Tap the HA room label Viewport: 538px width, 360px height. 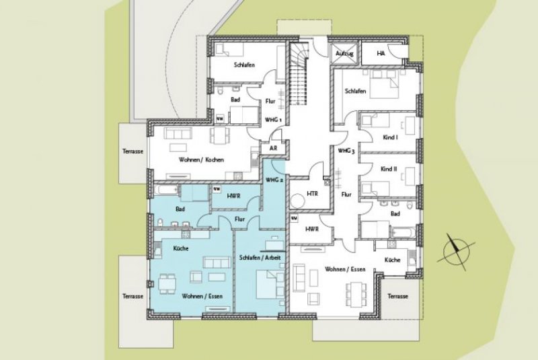click(x=381, y=52)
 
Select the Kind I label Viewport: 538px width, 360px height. click(x=389, y=137)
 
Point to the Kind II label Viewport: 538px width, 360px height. click(x=389, y=169)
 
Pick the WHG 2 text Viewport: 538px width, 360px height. click(x=274, y=180)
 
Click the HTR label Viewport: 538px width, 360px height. click(x=312, y=193)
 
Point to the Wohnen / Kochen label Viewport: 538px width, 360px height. click(x=201, y=159)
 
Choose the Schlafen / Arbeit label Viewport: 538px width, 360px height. click(x=260, y=258)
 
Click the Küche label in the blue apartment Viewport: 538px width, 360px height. click(x=181, y=248)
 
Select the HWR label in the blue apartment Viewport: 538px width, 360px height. click(x=235, y=195)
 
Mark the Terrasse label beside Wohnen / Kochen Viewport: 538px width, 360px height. click(x=132, y=151)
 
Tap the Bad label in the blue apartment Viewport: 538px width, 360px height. click(x=180, y=209)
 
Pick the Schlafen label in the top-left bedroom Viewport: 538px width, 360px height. click(x=243, y=65)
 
